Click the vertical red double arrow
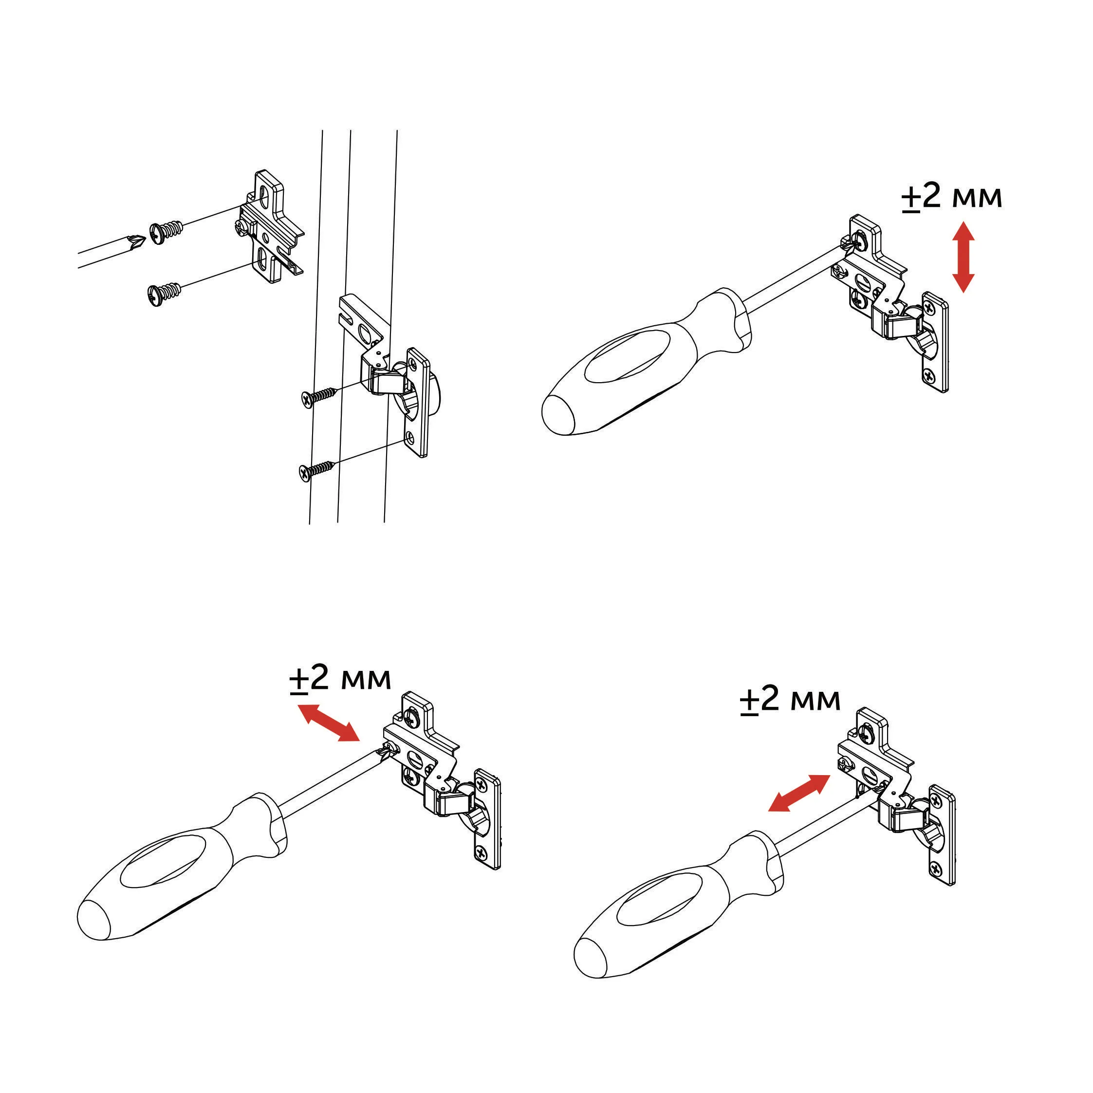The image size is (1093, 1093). point(963,258)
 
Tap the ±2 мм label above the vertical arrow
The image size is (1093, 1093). point(951,197)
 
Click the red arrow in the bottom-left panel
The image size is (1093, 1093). point(329,722)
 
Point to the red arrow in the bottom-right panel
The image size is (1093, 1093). point(799,793)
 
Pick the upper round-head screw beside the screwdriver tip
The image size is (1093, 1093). point(166,232)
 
